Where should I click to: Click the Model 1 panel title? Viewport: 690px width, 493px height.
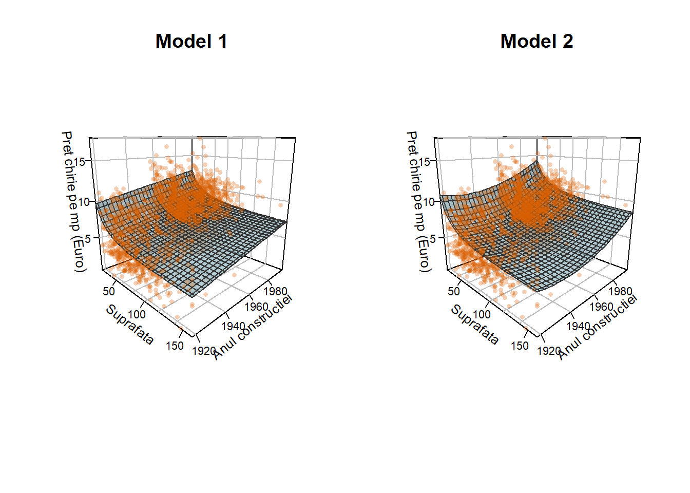[x=191, y=42]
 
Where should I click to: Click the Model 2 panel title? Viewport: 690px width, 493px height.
[x=536, y=42]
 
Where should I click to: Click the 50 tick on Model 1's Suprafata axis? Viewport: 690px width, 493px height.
[x=109, y=291]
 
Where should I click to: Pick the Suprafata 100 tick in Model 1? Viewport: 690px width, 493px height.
[x=137, y=314]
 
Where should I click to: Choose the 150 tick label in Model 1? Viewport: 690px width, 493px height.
[x=175, y=346]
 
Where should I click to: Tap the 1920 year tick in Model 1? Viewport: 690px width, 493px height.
[x=204, y=351]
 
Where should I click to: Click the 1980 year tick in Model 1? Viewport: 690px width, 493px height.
[x=275, y=292]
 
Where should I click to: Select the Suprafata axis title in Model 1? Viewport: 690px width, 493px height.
[x=129, y=325]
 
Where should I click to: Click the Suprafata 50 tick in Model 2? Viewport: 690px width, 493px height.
[x=454, y=291]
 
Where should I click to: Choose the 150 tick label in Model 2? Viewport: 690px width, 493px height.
[x=520, y=346]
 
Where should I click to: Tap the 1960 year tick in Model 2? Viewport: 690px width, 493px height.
[x=601, y=307]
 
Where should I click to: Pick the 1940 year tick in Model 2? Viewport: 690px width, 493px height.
[x=578, y=326]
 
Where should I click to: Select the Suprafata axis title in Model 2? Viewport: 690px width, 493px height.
[x=474, y=325]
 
